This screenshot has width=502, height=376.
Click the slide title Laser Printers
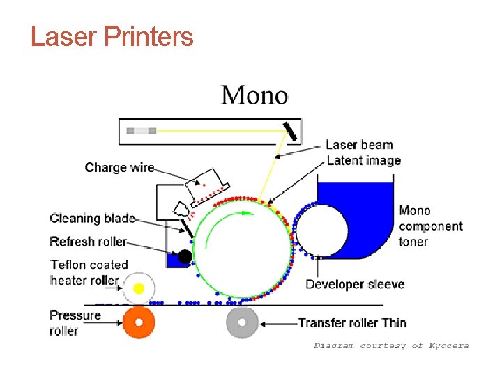112,36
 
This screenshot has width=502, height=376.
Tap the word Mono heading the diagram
254,94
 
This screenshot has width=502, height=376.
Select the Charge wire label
119,167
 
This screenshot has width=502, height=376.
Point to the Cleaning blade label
92,219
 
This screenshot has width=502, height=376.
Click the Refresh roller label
88,242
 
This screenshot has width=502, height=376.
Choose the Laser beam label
359,145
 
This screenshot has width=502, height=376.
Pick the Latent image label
364,161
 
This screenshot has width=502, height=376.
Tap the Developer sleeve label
355,284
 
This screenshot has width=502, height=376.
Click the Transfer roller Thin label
352,322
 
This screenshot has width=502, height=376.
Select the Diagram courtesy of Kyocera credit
391,345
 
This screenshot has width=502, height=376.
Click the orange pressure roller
139,322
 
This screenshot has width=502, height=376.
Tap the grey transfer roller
242,322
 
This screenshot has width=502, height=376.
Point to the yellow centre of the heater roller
139,288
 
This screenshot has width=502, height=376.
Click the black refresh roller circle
185,256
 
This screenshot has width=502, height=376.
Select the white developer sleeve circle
321,232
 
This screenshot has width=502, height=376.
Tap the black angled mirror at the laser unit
289,130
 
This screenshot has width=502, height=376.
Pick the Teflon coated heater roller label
89,272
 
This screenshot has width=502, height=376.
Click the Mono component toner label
430,226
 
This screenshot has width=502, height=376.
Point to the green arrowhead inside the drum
246,214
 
